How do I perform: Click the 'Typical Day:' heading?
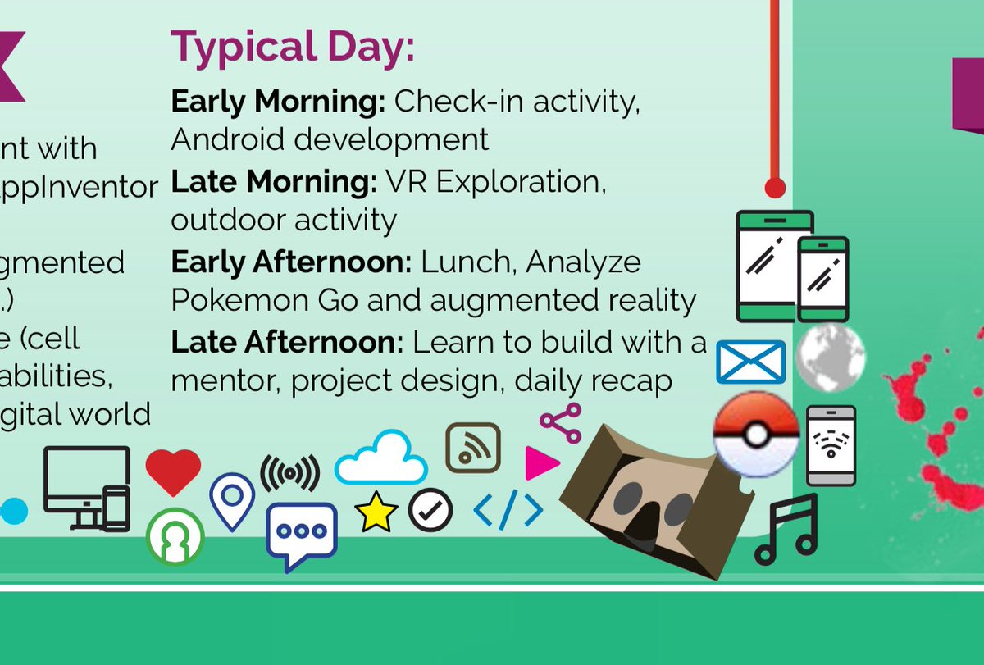[292, 47]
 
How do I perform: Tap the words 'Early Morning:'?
[278, 102]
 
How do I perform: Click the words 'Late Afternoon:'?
[287, 342]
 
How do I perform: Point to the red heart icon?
[173, 471]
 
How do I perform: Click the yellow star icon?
[376, 512]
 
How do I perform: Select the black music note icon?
[786, 529]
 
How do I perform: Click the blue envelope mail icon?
[750, 362]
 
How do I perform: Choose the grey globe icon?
[831, 358]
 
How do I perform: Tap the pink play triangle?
[541, 463]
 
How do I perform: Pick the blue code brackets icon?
[508, 511]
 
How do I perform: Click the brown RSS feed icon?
[473, 449]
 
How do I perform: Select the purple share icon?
[561, 422]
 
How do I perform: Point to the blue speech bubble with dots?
[301, 534]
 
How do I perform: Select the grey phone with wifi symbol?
[831, 445]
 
